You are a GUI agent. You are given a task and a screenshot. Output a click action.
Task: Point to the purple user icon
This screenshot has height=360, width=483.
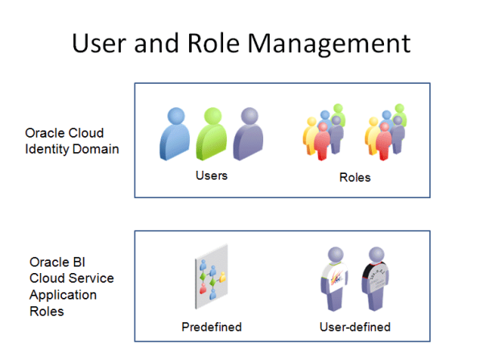[247, 134]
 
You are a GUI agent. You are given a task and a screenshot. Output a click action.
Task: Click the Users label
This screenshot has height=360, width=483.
[212, 175]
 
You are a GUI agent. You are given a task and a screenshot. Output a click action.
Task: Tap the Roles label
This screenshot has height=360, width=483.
[355, 177]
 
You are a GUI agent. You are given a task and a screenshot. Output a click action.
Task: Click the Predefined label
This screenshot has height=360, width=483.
[212, 327]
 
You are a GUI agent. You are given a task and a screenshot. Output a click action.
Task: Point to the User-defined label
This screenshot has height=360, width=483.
[355, 327]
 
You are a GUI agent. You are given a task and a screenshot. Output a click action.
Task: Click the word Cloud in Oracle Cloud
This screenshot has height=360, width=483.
[87, 133]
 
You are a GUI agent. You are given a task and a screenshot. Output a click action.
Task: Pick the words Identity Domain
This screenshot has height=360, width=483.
[72, 149]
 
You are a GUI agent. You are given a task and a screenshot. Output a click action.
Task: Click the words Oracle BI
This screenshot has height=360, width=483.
[57, 262]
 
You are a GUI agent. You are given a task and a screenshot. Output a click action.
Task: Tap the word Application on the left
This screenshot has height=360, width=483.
[64, 294]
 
